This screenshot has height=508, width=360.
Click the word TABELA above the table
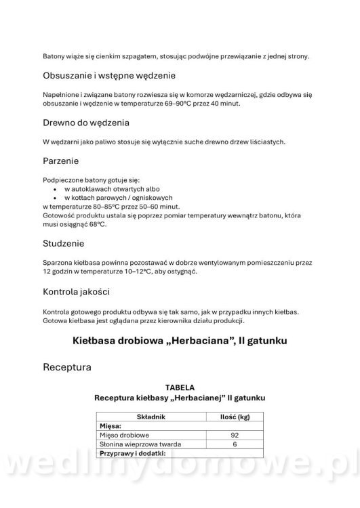[x=180, y=387]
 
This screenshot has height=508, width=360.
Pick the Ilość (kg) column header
[x=235, y=417]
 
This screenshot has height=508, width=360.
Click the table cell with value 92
[x=235, y=434]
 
